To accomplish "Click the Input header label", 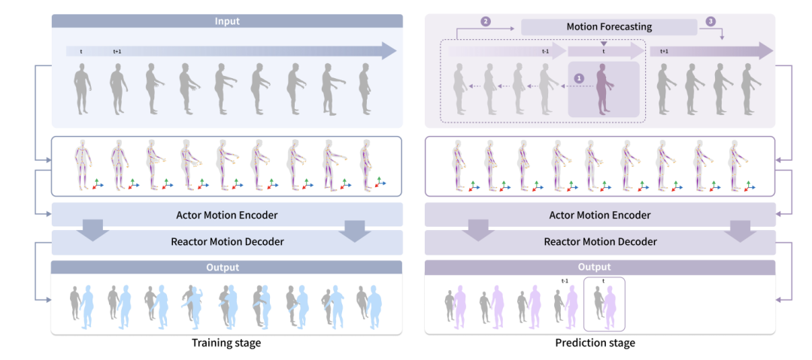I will [226, 21].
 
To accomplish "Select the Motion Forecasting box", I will [609, 27].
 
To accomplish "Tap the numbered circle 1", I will [578, 77].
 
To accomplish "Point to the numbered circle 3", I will [710, 23].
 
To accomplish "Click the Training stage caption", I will [226, 343].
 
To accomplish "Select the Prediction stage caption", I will [601, 343].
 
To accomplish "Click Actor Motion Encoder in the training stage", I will [226, 216].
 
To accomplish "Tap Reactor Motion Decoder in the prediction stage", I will [601, 242].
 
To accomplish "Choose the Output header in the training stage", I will [226, 268].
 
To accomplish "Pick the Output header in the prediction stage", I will [601, 268].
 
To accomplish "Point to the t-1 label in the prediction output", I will [565, 280].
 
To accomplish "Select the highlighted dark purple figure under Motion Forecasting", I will [601, 89].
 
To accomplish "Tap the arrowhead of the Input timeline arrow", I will [387, 51].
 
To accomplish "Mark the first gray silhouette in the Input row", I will [82, 88].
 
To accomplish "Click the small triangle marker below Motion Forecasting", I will [603, 43].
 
